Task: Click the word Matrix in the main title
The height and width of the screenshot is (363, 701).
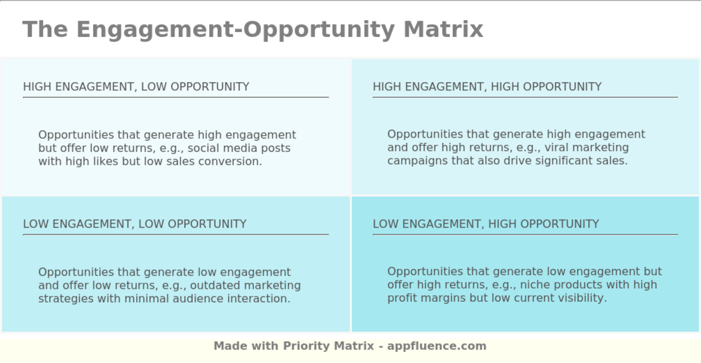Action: pos(443,29)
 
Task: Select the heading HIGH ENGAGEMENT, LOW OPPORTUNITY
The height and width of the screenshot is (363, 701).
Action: pos(136,87)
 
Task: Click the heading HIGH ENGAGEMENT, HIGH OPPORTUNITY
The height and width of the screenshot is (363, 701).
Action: pos(487,87)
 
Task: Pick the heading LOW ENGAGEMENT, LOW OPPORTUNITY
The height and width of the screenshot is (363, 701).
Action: pos(135,224)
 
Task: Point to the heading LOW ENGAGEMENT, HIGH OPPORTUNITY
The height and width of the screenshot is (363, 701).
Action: pos(486,224)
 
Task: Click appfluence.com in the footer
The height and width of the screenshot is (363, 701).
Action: pos(437,346)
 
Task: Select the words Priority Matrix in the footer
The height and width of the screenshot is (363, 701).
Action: pos(328,346)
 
